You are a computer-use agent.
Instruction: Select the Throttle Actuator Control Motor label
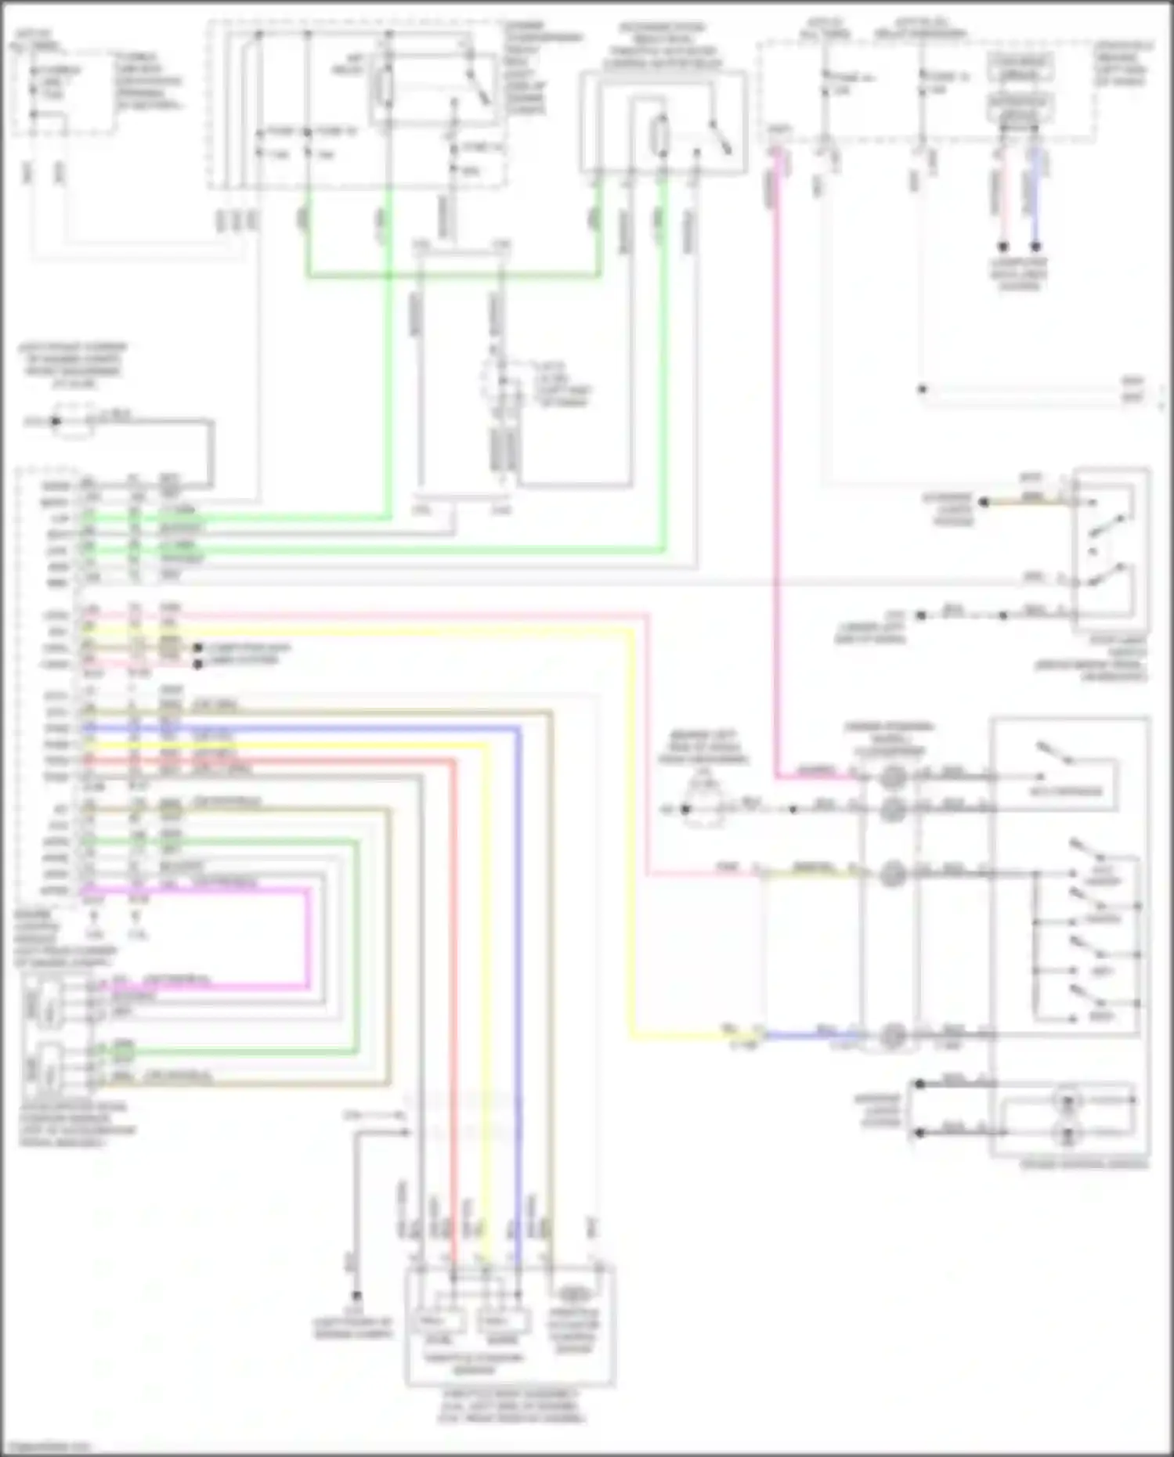574,1331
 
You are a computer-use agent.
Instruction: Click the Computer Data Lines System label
1017,274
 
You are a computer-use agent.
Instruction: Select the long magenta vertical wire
777,470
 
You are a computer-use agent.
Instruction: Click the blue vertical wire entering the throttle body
518,979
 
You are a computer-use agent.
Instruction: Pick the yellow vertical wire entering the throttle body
486,979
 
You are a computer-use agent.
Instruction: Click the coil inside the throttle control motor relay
662,135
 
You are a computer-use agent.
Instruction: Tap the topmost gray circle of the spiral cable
892,777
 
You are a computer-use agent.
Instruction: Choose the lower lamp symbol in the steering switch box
1066,1132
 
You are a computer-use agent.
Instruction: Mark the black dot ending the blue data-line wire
1035,247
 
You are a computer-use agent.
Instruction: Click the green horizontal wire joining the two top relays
454,275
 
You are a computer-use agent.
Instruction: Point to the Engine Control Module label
65,932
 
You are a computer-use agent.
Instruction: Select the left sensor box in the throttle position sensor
437,1321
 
